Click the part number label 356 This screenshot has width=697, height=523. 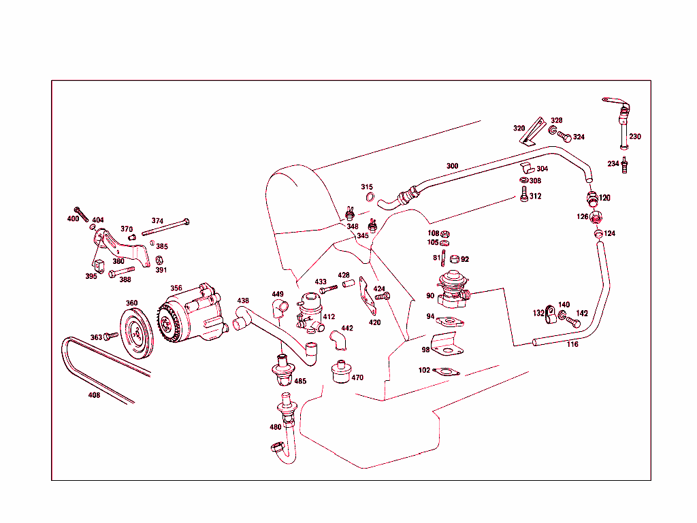[176, 288]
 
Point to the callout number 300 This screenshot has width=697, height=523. [453, 166]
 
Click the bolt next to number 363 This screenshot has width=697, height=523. [111, 336]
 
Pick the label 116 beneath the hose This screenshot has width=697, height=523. [572, 344]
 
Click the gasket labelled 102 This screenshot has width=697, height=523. [446, 372]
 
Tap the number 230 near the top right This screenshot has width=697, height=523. [634, 137]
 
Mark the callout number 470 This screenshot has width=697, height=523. [357, 377]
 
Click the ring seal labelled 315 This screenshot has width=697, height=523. [370, 198]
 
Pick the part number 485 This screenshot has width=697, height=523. [299, 381]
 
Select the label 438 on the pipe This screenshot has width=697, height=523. [243, 300]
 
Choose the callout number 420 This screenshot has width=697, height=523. [374, 322]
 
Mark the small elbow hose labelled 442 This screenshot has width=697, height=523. [336, 338]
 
